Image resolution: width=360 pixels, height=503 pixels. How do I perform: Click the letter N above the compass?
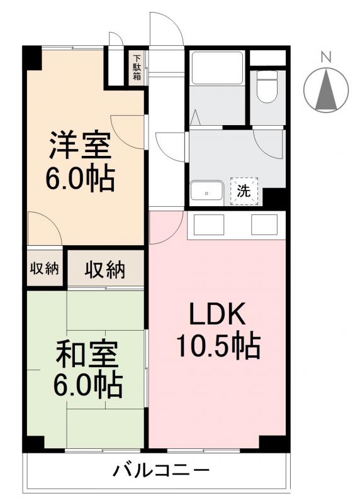click(x=325, y=57)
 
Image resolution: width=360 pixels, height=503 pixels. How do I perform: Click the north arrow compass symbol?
click(x=325, y=89)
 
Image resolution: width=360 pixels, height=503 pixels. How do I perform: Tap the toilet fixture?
click(x=267, y=87)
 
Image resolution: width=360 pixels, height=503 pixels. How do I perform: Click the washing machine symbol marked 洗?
click(x=243, y=192)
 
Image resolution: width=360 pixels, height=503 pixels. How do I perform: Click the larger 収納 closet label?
click(x=106, y=270)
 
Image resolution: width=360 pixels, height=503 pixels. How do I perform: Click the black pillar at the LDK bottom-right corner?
click(x=275, y=443)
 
